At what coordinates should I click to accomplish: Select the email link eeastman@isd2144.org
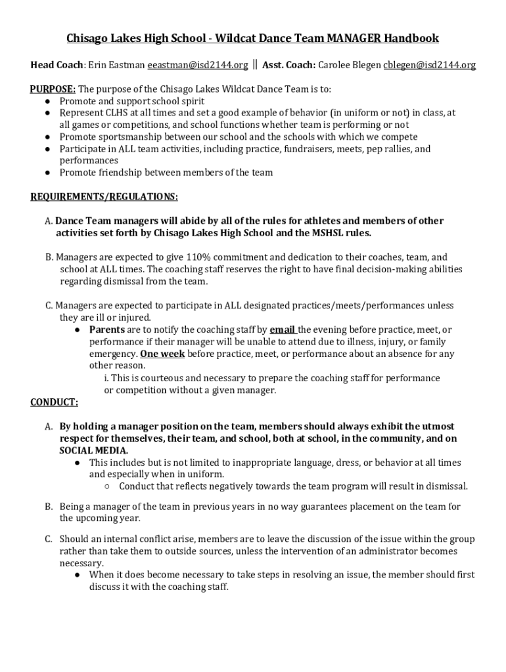click(x=198, y=65)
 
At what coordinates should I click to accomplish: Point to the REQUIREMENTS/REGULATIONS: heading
click(x=104, y=197)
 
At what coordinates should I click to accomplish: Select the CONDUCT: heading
click(x=55, y=402)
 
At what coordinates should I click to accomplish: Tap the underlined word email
click(x=283, y=330)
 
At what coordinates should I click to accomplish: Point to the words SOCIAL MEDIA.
click(x=94, y=451)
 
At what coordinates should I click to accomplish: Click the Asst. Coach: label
click(x=289, y=65)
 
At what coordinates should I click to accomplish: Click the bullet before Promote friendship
click(x=49, y=173)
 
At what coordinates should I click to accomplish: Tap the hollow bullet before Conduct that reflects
click(x=106, y=487)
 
